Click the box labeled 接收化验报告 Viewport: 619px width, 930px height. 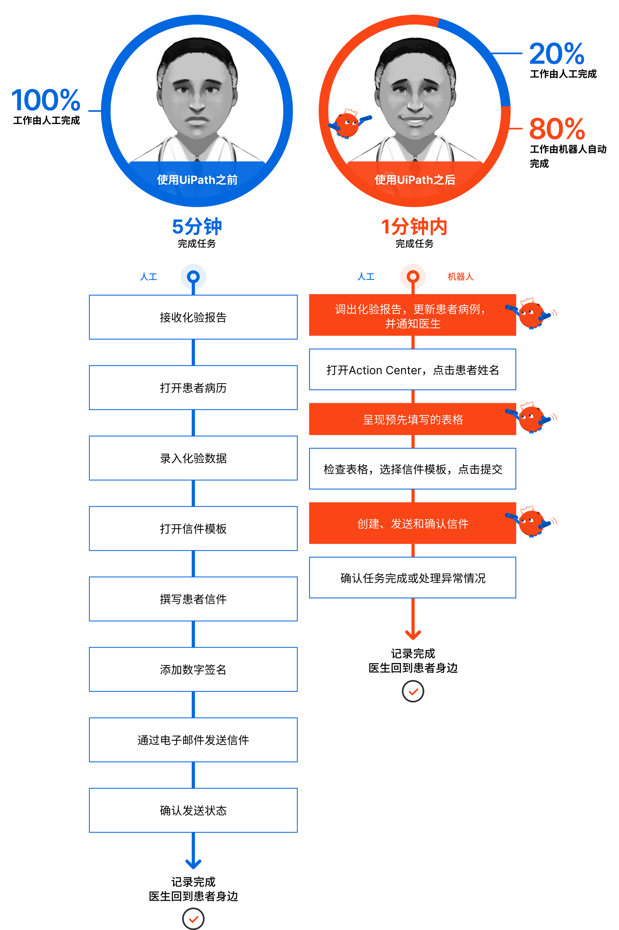pyautogui.click(x=193, y=317)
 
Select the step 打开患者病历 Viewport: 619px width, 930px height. pyautogui.click(x=193, y=388)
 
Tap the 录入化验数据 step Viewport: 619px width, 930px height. pyautogui.click(x=193, y=458)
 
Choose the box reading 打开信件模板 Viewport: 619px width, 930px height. pyautogui.click(x=193, y=529)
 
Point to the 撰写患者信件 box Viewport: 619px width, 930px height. pyautogui.click(x=193, y=599)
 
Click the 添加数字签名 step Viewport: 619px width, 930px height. pyautogui.click(x=193, y=670)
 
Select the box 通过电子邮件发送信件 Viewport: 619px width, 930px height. pyautogui.click(x=193, y=740)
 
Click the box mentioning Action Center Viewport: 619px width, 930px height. pyautogui.click(x=413, y=370)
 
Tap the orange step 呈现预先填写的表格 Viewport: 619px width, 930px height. pyautogui.click(x=413, y=420)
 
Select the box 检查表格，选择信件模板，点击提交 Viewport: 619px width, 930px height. pyautogui.click(x=413, y=469)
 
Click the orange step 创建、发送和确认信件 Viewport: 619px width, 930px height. pyautogui.click(x=413, y=524)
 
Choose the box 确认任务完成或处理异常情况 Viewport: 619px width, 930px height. pyautogui.click(x=413, y=578)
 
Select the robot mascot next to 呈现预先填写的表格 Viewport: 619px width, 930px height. pyautogui.click(x=529, y=419)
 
